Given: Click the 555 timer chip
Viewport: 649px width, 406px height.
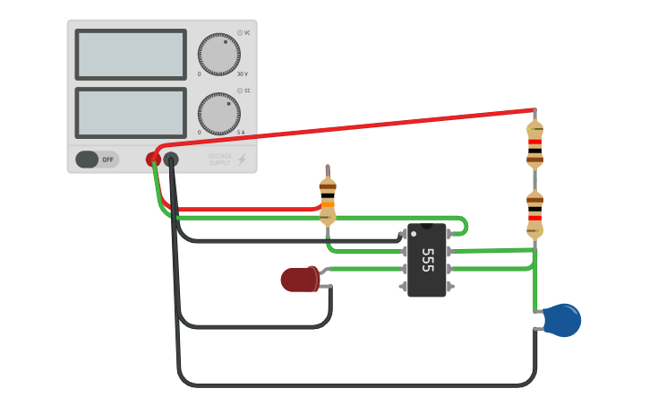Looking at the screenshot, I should [x=427, y=260].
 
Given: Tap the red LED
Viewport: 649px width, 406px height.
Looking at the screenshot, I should [x=300, y=280].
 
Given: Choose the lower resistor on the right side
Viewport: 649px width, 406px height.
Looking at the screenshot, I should [x=534, y=214].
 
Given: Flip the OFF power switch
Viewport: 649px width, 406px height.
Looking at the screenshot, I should [x=97, y=160].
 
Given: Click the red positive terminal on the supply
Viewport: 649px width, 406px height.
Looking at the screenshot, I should [x=153, y=160].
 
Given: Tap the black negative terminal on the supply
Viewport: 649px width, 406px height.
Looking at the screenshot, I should [x=170, y=160].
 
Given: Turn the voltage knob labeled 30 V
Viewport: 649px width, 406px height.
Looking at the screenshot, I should [x=219, y=55].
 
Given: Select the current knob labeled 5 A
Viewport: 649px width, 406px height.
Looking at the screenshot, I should [x=219, y=113].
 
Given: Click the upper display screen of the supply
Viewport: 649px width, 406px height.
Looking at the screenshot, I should [x=131, y=55].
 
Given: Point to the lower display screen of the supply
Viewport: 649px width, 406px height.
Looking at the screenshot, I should [x=131, y=113].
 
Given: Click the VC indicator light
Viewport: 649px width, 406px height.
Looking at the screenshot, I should [x=240, y=32].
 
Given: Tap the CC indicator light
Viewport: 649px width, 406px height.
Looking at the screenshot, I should [x=240, y=91].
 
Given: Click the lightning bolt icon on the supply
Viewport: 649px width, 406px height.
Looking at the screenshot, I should [x=242, y=160].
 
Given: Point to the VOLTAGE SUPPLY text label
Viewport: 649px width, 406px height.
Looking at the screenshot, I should [x=219, y=160].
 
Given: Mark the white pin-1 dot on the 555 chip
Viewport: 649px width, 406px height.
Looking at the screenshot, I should [x=414, y=233].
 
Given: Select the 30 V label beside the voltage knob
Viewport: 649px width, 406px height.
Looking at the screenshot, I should [x=242, y=74].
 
